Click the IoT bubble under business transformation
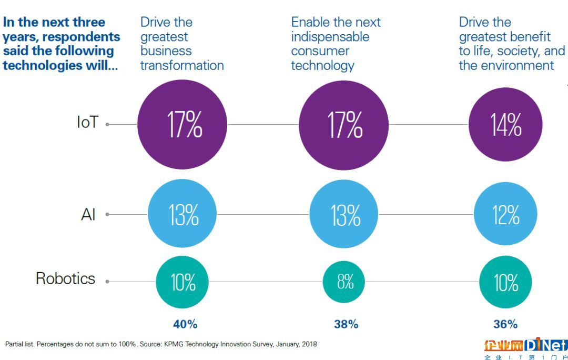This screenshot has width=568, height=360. [x=182, y=125]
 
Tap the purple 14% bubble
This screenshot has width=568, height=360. [x=505, y=125]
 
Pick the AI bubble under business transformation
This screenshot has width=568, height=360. [x=182, y=214]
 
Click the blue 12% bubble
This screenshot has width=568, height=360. [x=505, y=214]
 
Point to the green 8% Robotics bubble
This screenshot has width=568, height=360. [x=346, y=282]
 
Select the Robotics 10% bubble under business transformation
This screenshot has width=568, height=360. [x=182, y=282]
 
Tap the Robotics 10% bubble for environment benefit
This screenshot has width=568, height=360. [x=505, y=282]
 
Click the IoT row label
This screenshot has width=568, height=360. [x=87, y=123]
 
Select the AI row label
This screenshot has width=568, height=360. [x=88, y=214]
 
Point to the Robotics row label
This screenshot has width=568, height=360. [x=65, y=278]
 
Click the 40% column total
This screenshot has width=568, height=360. [x=185, y=324]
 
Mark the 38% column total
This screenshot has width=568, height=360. [x=346, y=324]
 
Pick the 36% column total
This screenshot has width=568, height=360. [x=505, y=324]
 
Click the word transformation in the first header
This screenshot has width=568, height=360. [x=182, y=65]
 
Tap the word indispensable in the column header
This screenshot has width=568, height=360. [x=330, y=37]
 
